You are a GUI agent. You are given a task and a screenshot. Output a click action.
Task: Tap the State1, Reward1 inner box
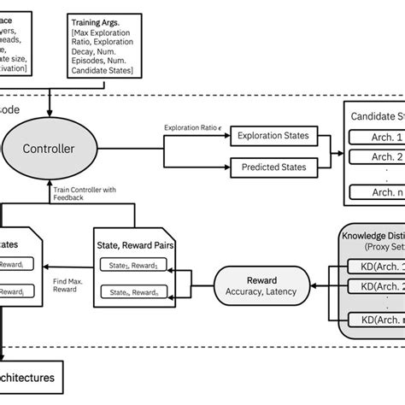(x=133, y=264)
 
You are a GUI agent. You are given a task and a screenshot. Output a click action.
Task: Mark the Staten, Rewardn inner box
(x=133, y=292)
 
